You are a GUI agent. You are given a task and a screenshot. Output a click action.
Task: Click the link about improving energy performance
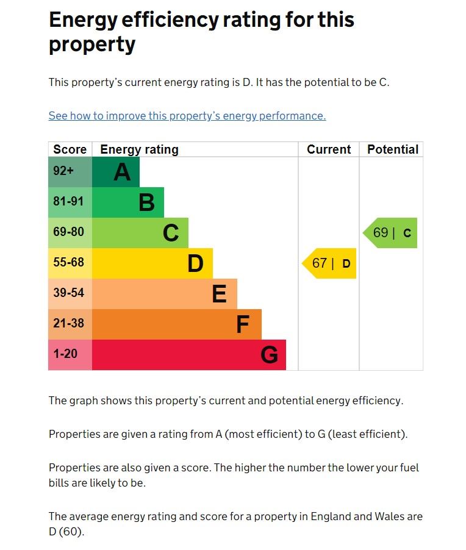point(187,116)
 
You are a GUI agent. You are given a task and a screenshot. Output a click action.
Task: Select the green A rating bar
point(116,172)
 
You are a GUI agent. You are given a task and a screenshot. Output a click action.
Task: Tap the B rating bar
point(128,202)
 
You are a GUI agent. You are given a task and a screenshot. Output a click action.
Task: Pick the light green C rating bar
point(140,233)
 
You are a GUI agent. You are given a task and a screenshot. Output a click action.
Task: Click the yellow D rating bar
point(152,263)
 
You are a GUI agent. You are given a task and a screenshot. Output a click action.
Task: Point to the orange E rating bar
point(165,294)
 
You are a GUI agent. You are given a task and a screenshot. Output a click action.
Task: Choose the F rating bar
point(177,324)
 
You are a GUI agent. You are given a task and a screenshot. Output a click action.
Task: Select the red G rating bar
point(189,355)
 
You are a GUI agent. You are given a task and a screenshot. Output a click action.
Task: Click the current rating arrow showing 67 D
point(330,263)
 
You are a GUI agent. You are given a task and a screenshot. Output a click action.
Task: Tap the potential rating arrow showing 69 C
point(391,233)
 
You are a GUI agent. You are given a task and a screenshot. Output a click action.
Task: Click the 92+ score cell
point(70,172)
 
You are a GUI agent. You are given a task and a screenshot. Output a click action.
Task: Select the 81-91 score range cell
point(70,202)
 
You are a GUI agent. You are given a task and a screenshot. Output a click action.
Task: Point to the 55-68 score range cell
point(70,263)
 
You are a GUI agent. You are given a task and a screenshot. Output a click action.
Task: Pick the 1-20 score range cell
point(70,355)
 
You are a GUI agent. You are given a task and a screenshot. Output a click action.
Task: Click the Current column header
point(329,149)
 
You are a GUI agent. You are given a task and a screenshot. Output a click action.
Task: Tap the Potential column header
point(392,149)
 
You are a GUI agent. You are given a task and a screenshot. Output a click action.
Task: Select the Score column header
point(70,149)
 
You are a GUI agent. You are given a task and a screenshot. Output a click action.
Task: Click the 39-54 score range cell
point(70,294)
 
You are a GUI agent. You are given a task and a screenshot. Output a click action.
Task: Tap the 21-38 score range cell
point(70,324)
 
